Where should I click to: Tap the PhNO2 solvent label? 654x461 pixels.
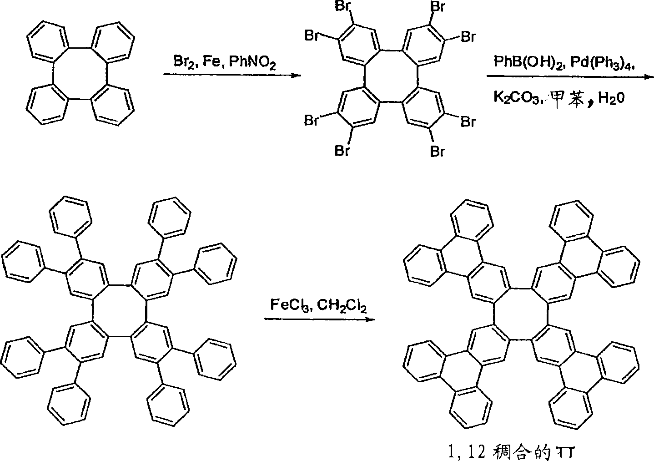[252, 63]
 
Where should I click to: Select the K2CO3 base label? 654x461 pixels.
[516, 97]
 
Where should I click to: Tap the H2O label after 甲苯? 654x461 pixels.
[611, 97]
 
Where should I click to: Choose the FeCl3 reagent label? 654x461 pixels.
[292, 305]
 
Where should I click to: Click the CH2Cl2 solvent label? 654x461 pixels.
[342, 305]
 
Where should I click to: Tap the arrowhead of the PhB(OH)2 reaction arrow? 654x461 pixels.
[649, 77]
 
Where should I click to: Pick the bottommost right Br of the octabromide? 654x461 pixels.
[438, 152]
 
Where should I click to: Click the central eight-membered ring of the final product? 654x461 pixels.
[521, 314]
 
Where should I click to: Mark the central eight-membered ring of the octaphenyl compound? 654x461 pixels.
[120, 311]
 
